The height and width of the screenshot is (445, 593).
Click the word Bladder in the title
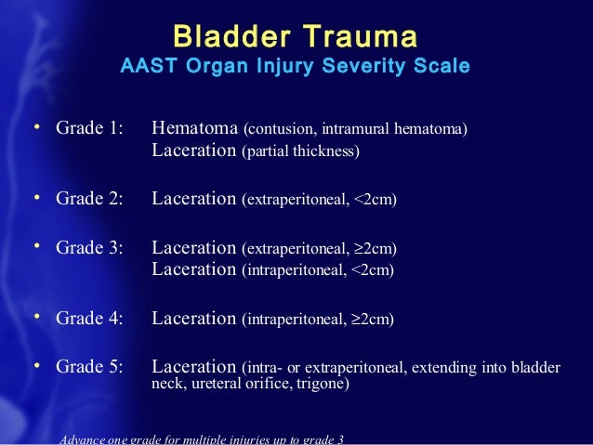pyautogui.click(x=226, y=37)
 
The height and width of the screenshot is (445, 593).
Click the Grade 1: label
pyautogui.click(x=89, y=128)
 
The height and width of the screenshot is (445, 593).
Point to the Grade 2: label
pyautogui.click(x=89, y=197)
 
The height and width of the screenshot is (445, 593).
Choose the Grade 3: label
pyautogui.click(x=89, y=248)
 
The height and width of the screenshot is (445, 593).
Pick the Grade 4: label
pyautogui.click(x=89, y=319)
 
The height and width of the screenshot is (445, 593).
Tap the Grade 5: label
pyautogui.click(x=89, y=367)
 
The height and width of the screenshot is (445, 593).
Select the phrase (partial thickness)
pyautogui.click(x=300, y=151)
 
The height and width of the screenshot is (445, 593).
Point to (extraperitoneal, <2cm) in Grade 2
pyautogui.click(x=319, y=198)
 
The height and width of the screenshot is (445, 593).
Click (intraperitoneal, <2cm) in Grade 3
pyautogui.click(x=318, y=270)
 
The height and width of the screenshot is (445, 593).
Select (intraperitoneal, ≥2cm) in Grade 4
pyautogui.click(x=318, y=320)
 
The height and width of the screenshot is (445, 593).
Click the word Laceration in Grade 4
pyautogui.click(x=194, y=319)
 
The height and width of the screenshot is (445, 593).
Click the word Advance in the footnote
pyautogui.click(x=82, y=438)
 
